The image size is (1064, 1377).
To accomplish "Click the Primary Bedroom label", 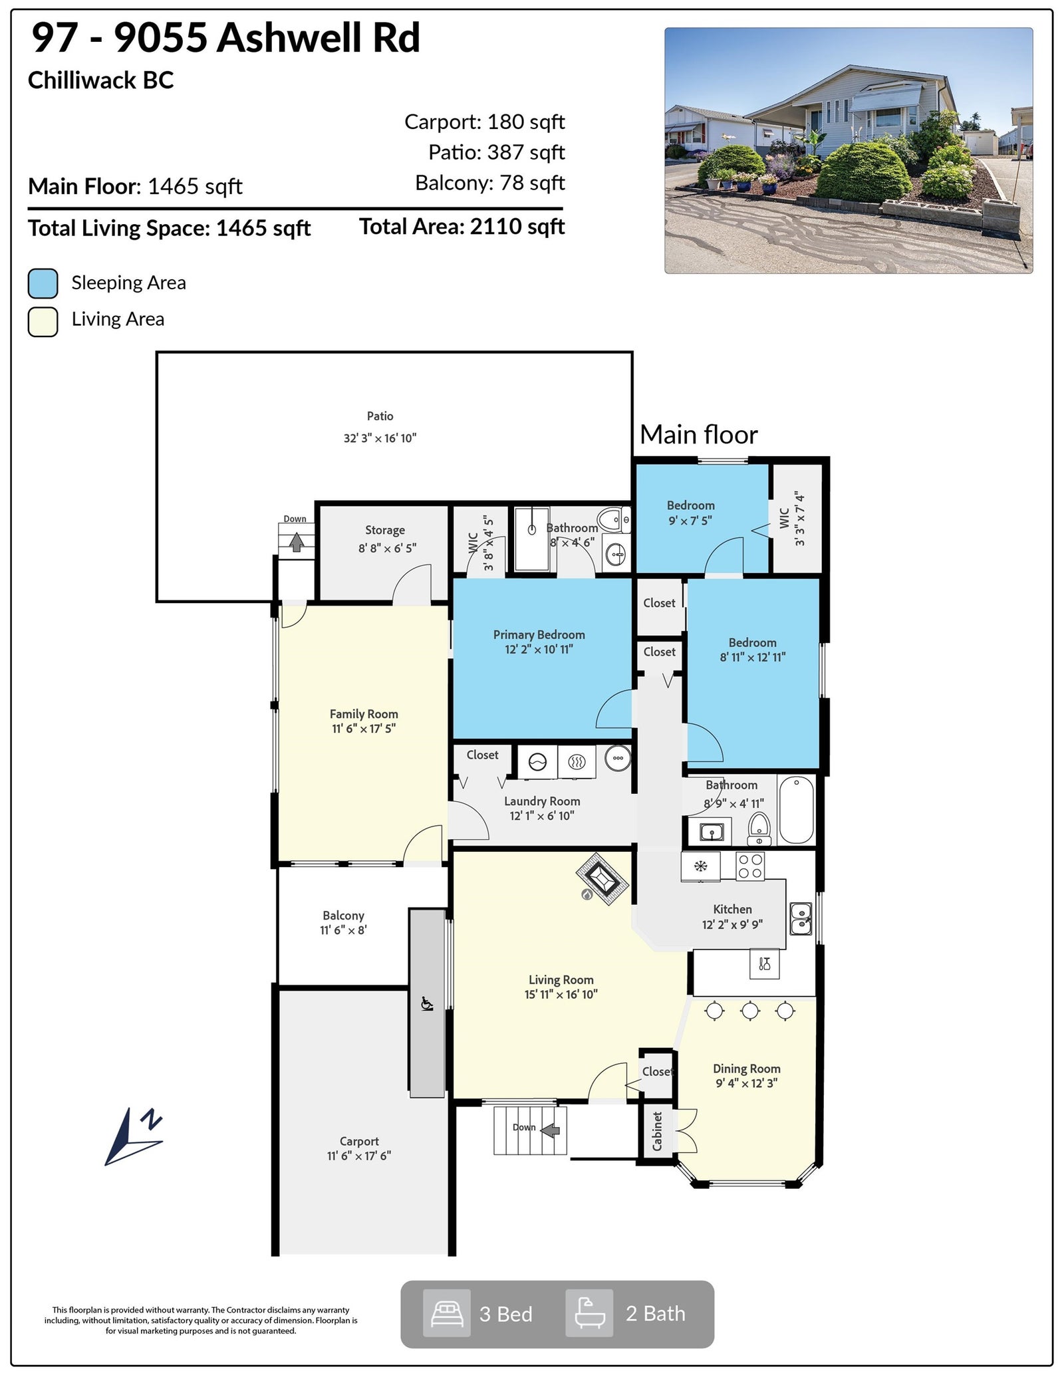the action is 539,635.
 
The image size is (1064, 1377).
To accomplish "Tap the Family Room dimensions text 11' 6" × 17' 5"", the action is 364,729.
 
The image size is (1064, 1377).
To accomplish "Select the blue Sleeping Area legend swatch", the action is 43,283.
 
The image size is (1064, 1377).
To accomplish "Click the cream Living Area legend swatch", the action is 43,321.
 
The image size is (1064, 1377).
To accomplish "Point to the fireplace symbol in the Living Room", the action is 602,879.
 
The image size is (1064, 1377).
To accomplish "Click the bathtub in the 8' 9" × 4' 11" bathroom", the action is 796,809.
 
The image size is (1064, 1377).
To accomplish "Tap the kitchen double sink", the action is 801,918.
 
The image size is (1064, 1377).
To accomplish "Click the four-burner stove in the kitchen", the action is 750,866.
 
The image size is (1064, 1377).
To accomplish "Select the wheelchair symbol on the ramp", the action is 427,1003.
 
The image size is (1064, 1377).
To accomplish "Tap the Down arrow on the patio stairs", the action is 297,543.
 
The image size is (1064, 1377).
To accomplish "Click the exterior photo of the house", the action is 849,150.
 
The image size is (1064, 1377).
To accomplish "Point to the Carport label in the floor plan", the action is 359,1141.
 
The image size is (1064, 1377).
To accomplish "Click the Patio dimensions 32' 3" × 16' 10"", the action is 380,438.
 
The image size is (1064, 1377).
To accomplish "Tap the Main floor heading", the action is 699,435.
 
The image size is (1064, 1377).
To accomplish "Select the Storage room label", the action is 385,531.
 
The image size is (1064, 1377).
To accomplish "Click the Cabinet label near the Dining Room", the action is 657,1131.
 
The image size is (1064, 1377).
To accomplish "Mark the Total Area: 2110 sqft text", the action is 462,227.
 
